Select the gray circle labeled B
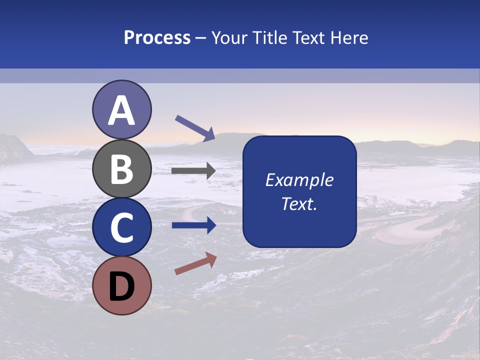click(x=121, y=168)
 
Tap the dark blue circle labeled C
click(x=121, y=227)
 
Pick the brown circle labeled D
click(x=121, y=285)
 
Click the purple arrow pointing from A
click(x=195, y=128)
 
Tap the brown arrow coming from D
click(x=195, y=263)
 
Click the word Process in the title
click(x=157, y=38)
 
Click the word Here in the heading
click(x=350, y=38)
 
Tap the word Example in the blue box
click(x=299, y=180)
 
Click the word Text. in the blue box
click(x=299, y=203)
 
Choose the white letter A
click(x=121, y=111)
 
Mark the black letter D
click(x=121, y=287)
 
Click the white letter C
click(x=121, y=228)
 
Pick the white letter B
click(x=121, y=169)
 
